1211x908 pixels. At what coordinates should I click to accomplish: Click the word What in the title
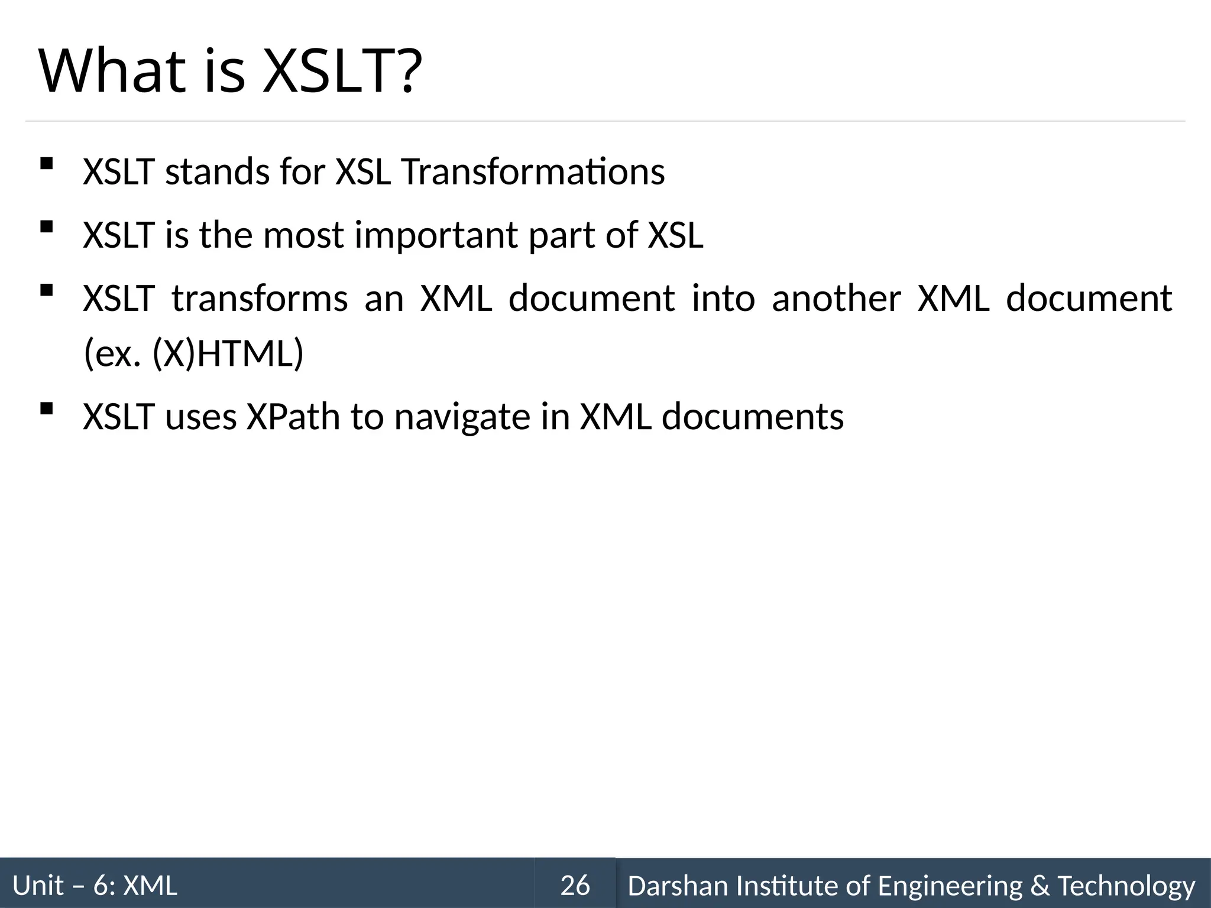coord(112,72)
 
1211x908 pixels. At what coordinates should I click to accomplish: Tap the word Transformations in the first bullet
coord(533,172)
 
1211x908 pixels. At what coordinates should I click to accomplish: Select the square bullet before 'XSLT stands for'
coord(46,163)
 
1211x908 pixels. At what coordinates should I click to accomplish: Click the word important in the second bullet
coord(436,235)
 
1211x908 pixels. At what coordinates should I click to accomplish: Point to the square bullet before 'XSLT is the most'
coord(46,226)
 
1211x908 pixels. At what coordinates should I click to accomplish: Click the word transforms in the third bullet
coord(260,298)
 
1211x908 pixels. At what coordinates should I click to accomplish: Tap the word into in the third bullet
coord(723,298)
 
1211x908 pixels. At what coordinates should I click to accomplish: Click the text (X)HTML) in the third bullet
coord(228,354)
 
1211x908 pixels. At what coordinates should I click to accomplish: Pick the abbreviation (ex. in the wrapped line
coord(112,354)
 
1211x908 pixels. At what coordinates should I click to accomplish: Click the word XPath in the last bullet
coord(293,417)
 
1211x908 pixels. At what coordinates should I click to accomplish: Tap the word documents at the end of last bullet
coord(752,417)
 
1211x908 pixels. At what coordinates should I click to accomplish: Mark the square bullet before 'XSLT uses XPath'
coord(46,408)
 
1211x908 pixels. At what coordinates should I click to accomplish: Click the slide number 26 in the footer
coord(575,886)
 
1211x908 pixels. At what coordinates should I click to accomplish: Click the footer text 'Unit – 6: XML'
coord(95,886)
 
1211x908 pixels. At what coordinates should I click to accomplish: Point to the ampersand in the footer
coord(1040,886)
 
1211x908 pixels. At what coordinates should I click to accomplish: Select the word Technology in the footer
coord(1126,886)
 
